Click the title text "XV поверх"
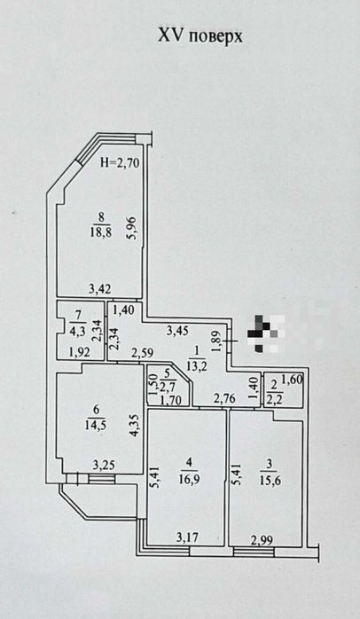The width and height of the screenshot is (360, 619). click(x=200, y=36)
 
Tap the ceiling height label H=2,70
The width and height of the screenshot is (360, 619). click(x=120, y=162)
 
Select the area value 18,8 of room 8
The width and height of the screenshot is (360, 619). click(x=100, y=231)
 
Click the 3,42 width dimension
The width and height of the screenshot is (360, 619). click(x=100, y=289)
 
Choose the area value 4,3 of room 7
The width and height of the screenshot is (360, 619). click(x=77, y=329)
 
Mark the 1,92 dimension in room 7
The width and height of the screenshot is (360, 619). click(x=80, y=352)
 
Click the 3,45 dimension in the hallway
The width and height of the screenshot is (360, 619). click(x=177, y=331)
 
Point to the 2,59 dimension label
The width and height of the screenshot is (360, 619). click(x=143, y=352)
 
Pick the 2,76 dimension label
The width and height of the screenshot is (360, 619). click(x=224, y=398)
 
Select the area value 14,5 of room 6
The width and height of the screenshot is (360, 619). click(x=94, y=425)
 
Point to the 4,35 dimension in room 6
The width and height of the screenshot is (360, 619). click(x=133, y=425)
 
